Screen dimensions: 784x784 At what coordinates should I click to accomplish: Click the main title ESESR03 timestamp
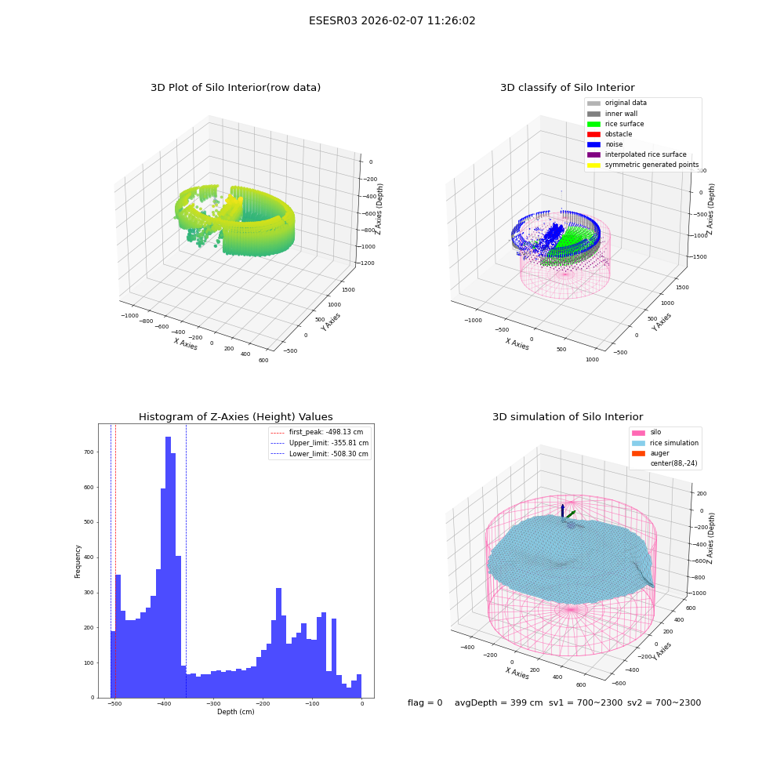(x=392, y=21)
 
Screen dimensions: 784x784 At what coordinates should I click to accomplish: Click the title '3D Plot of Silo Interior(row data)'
(x=235, y=88)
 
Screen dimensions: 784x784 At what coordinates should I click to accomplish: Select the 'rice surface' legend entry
(x=615, y=124)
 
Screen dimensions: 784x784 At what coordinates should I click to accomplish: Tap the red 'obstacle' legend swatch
(x=593, y=135)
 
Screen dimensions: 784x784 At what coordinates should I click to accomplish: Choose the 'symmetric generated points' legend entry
(x=643, y=165)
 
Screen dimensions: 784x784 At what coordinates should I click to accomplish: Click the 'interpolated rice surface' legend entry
(x=637, y=154)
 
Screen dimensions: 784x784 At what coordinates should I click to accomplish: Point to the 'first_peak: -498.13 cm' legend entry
(x=317, y=432)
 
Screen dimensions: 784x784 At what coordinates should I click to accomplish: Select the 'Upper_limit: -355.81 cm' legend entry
(x=320, y=443)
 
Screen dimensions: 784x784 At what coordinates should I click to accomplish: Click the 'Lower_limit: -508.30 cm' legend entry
(x=320, y=454)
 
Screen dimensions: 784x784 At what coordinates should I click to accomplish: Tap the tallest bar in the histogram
(x=168, y=567)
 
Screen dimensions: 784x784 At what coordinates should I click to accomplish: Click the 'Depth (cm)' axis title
(x=236, y=712)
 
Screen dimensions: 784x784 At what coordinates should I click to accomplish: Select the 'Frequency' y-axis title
(x=78, y=561)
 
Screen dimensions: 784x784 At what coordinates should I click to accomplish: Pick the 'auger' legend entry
(x=651, y=453)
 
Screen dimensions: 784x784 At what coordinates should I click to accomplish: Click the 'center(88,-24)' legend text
(x=673, y=463)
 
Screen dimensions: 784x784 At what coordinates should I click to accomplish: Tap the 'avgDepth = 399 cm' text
(x=499, y=703)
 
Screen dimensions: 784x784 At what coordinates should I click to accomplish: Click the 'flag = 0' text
(x=425, y=703)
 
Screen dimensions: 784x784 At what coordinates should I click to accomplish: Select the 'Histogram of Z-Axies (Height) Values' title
(x=235, y=417)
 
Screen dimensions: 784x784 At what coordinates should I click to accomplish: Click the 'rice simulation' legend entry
(x=665, y=443)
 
